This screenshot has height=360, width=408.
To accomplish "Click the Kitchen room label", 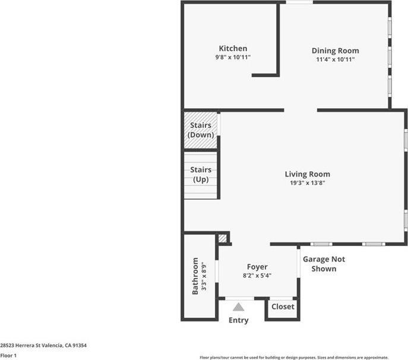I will click(x=233, y=49).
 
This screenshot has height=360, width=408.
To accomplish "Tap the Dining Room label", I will click(x=335, y=51).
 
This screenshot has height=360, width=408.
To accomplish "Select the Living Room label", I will click(x=307, y=174).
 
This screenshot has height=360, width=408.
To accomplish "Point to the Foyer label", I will click(x=257, y=267).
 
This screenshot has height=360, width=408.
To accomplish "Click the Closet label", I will click(x=283, y=307).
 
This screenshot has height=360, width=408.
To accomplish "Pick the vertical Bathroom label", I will click(x=195, y=276).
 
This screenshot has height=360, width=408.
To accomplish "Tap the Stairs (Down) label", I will click(x=201, y=130).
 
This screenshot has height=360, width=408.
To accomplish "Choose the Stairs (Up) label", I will click(x=201, y=175).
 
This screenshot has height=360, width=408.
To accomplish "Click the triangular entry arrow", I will click(x=238, y=307).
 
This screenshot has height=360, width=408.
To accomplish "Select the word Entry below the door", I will click(x=238, y=321).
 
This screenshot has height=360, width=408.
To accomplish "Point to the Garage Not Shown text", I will click(x=324, y=264).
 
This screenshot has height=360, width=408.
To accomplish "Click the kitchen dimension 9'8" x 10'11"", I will click(x=233, y=58).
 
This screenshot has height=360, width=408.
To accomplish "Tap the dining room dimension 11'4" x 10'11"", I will click(x=335, y=59).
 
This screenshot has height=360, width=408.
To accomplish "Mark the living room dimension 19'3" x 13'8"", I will click(x=307, y=183).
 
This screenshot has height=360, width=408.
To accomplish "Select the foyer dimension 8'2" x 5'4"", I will click(x=257, y=276).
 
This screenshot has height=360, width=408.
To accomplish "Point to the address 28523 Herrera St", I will click(x=43, y=345).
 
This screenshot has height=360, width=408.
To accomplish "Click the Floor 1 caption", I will click(x=8, y=355).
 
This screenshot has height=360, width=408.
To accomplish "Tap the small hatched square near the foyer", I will click(x=223, y=238).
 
